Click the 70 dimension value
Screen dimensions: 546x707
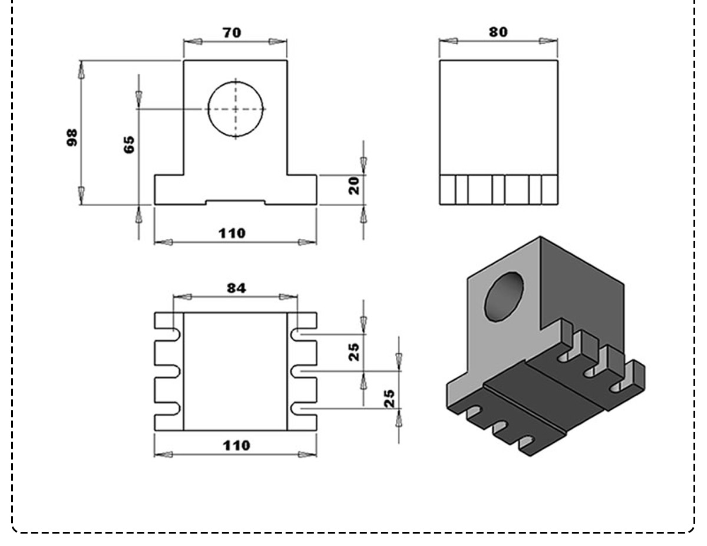(232, 32)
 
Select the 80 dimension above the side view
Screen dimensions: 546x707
(498, 31)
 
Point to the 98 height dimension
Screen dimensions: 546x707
(72, 137)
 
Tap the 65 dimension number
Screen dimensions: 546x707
(128, 144)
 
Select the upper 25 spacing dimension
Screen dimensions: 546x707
(353, 351)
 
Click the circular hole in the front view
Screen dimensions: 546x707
(236, 109)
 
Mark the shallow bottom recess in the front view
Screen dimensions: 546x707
(235, 202)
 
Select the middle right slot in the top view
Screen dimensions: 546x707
(303, 371)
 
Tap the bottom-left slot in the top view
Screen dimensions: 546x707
(168, 407)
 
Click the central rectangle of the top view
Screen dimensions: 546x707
(235, 371)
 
